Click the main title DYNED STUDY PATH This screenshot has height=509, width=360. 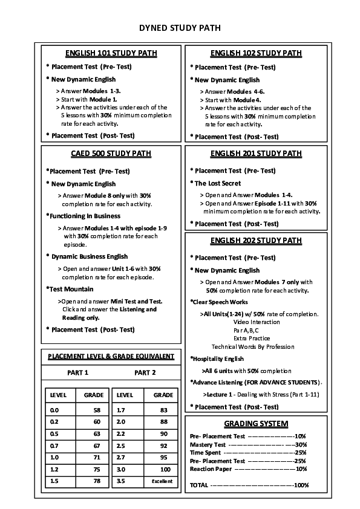tap(180, 28)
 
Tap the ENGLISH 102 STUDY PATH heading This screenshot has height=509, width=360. tap(256, 53)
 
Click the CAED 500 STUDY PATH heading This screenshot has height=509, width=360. tap(111, 154)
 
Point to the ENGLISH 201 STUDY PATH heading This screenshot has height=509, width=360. tap(256, 154)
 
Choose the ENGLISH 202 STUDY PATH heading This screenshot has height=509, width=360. tap(256, 241)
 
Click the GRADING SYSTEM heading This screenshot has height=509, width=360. tap(256, 424)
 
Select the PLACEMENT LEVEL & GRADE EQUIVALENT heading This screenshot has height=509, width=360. tap(111, 356)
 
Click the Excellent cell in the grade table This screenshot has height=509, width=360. tap(163, 481)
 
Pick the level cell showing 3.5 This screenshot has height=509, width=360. tap(120, 481)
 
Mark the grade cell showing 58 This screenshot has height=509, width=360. tap(96, 409)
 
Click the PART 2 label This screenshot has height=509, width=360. tap(145, 372)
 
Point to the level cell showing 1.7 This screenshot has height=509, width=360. tap(120, 409)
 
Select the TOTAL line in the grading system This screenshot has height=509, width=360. tap(248, 485)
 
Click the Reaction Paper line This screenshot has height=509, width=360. tap(248, 469)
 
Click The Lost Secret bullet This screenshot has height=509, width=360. tap(217, 183)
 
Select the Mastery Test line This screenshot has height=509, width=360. tap(248, 444)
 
